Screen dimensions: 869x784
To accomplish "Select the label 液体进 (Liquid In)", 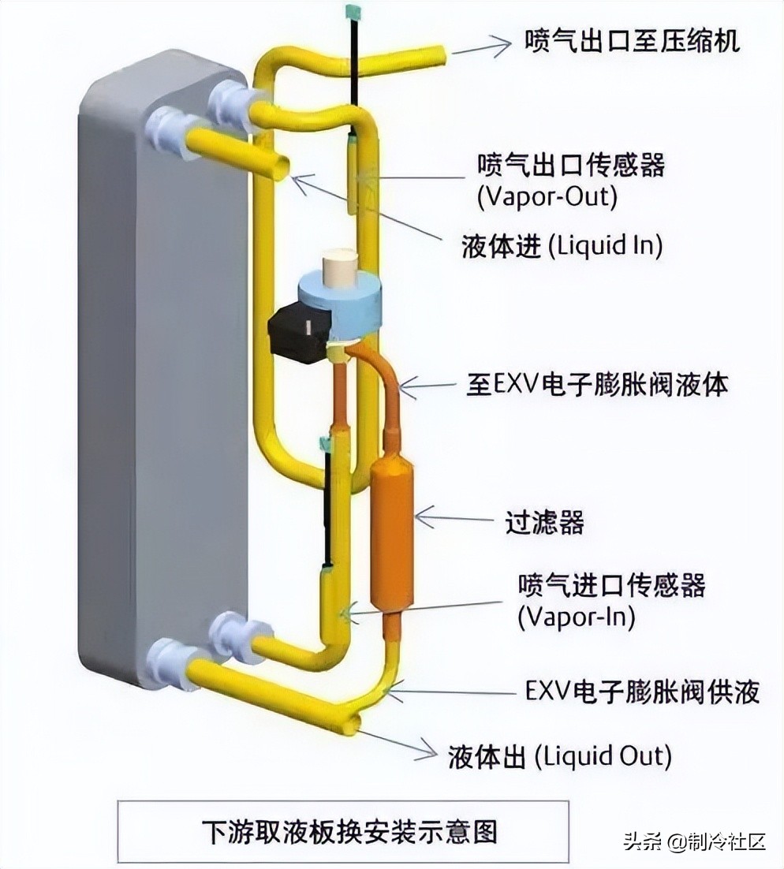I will (x=561, y=246).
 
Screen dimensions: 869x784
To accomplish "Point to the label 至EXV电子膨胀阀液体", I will (x=596, y=386).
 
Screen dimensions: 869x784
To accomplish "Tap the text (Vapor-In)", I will (x=576, y=617).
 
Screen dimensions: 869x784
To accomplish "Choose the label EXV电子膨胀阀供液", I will (x=642, y=692).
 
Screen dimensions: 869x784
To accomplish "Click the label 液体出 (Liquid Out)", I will (x=559, y=757).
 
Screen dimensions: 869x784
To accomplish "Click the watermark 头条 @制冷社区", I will (x=694, y=841).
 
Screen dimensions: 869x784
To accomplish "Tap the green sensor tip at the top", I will (x=352, y=12).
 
